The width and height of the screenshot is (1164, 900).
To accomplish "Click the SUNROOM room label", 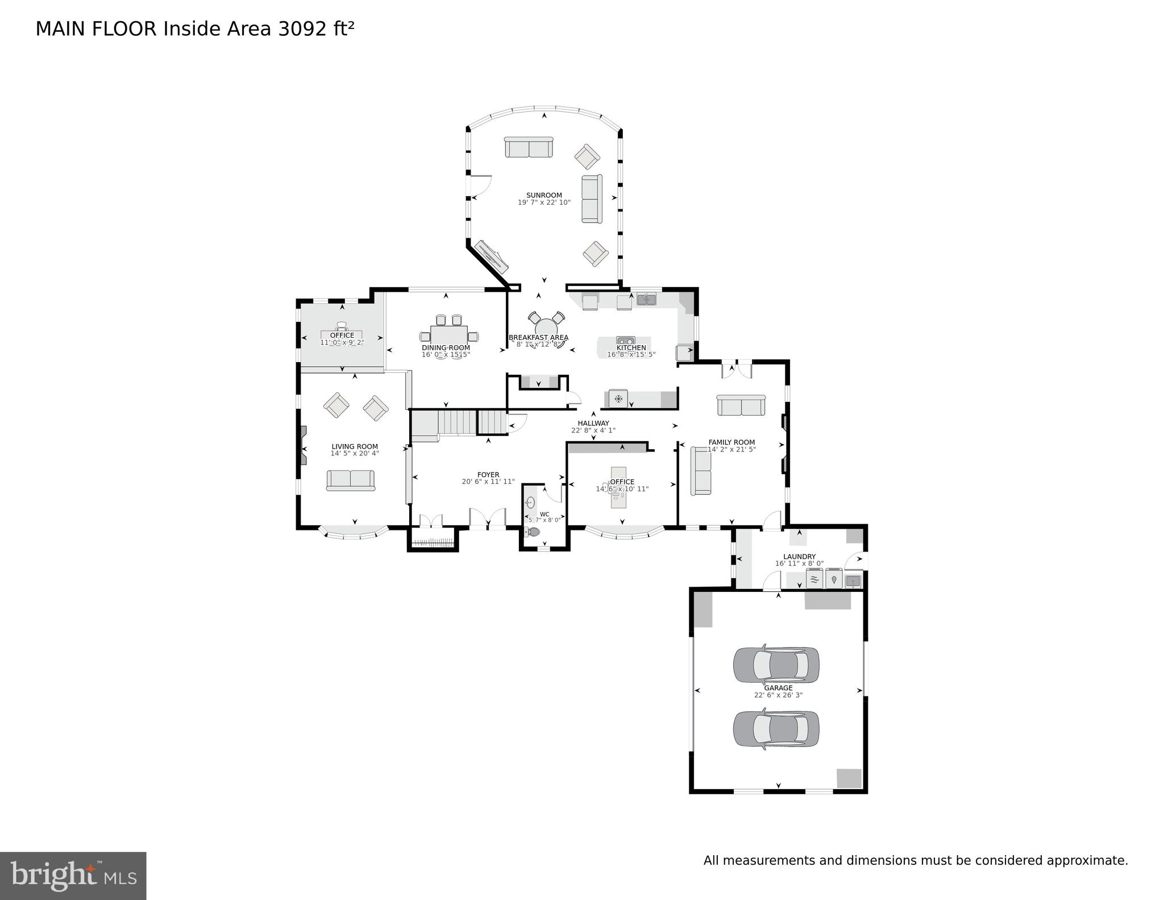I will (x=544, y=195).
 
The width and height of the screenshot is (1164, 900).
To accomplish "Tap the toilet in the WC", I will (x=533, y=532).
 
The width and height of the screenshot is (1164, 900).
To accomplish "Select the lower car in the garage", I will (x=776, y=728).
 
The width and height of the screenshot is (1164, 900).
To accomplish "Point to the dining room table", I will (x=448, y=334).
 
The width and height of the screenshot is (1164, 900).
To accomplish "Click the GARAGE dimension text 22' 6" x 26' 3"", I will (x=778, y=695).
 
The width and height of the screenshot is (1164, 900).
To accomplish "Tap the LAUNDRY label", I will (x=799, y=557).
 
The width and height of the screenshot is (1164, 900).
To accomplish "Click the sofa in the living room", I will (x=351, y=480).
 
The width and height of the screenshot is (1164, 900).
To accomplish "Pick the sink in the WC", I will (x=530, y=502).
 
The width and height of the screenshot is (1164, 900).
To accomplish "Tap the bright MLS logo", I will (x=73, y=875).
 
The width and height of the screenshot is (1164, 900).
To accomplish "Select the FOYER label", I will (x=488, y=475).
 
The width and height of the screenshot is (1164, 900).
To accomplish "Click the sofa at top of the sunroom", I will (x=529, y=148).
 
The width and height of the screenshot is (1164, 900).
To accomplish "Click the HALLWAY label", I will (x=593, y=423).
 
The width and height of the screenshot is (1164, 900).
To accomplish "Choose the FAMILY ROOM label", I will (x=731, y=442).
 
